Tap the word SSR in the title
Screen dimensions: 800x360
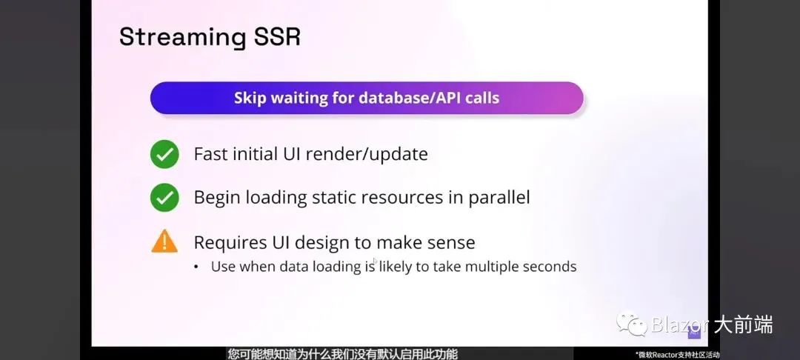275,37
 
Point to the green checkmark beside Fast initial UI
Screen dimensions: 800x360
164,154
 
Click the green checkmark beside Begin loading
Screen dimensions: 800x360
164,197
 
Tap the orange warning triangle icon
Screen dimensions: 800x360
164,241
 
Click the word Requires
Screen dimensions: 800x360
229,241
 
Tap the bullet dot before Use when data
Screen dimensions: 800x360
196,267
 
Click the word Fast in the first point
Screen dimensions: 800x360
210,154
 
